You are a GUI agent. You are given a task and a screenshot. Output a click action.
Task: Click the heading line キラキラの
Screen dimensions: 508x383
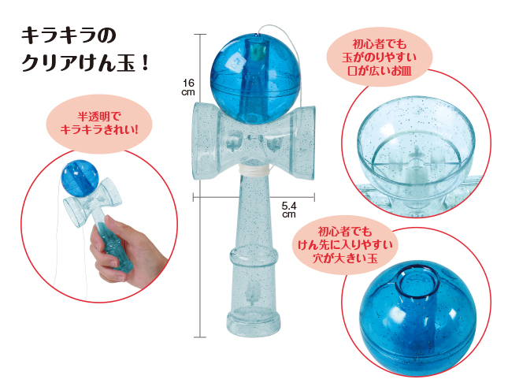pos(69,35)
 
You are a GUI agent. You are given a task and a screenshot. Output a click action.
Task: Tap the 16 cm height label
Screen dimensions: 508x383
pos(188,87)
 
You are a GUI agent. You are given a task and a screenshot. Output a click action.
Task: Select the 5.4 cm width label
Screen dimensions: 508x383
pos(289,210)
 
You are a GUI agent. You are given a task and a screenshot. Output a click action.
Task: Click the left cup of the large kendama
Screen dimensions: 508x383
pos(206,141)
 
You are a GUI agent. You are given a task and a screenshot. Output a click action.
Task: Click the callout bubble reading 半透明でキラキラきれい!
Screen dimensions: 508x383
pos(99,124)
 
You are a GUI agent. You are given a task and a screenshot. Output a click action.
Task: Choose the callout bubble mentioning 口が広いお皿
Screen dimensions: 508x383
pos(380,57)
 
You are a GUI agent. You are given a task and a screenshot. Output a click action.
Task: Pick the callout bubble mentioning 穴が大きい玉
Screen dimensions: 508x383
pos(346,245)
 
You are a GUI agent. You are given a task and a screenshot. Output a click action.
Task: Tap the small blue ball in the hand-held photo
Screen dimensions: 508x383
pos(80,178)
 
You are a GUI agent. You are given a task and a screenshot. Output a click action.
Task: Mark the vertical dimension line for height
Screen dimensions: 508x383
pos(200,186)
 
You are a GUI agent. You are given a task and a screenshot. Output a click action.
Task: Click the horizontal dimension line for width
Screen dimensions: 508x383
pos(254,197)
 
